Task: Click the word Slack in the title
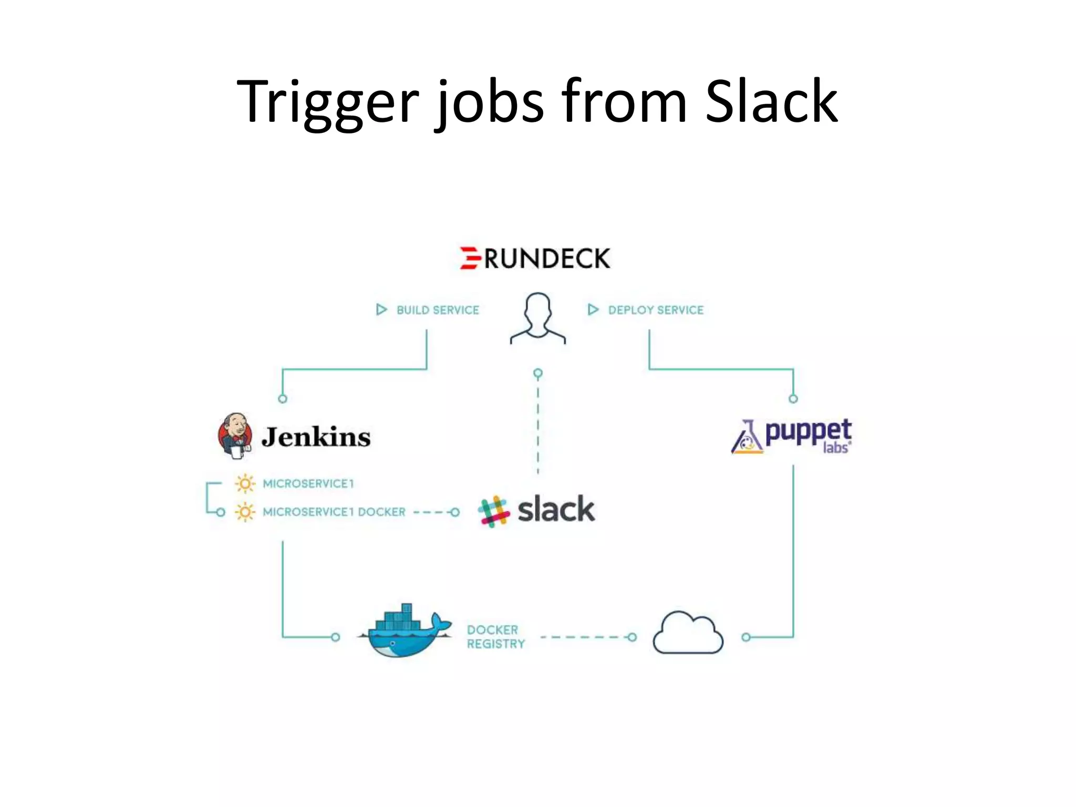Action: point(771,102)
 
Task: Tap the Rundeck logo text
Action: point(546,258)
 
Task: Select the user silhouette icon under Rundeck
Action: point(537,318)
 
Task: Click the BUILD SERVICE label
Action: point(438,310)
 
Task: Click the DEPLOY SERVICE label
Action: point(656,310)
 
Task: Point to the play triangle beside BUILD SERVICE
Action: point(381,309)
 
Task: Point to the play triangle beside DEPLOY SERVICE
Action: point(593,309)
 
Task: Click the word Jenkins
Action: point(316,437)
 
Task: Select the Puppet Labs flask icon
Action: point(747,437)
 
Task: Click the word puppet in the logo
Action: point(808,432)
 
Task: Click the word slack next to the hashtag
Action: point(556,510)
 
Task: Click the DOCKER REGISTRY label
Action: point(495,637)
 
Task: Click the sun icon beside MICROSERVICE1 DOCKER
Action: point(245,512)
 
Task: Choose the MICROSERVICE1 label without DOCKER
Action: point(308,483)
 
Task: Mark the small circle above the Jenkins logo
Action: point(283,399)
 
